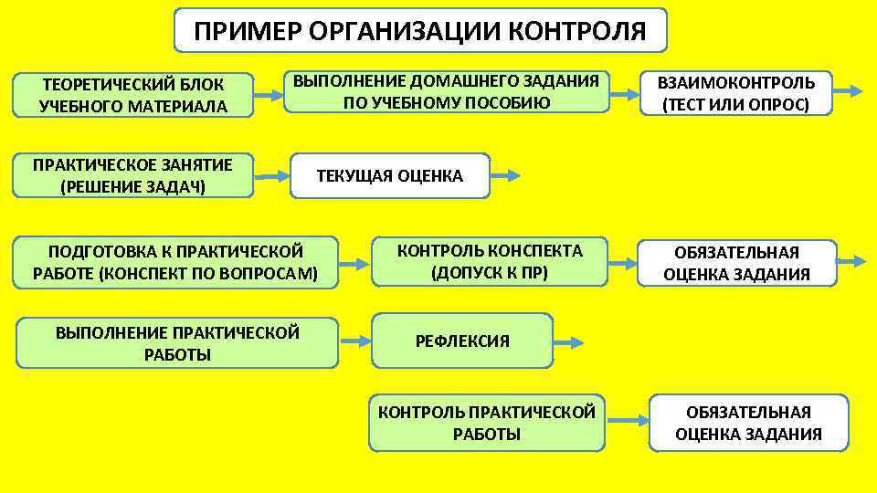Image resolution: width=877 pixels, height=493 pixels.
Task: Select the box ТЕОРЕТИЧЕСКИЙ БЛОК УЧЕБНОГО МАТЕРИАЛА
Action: coord(132,95)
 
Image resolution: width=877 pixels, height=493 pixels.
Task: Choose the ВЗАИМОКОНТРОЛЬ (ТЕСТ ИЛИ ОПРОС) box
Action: coord(736,93)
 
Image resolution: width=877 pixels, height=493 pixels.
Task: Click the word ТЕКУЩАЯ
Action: coord(351,176)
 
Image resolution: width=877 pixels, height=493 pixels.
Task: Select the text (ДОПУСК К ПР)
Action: coord(489,271)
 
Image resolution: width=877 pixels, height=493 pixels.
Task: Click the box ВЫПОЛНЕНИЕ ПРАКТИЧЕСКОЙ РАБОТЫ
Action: coord(177,343)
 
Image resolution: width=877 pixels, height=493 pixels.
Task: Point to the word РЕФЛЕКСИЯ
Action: coord(462,341)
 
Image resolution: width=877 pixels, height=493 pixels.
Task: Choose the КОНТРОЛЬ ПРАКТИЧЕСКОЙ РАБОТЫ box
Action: coord(487,423)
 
